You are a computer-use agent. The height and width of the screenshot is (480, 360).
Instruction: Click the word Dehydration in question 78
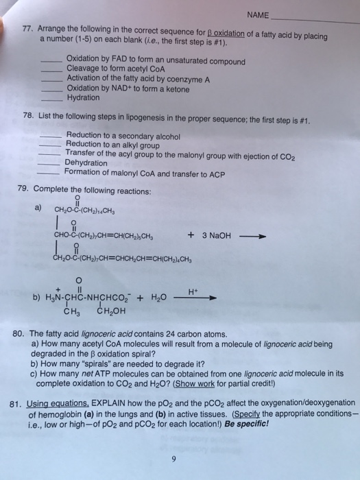86,163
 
